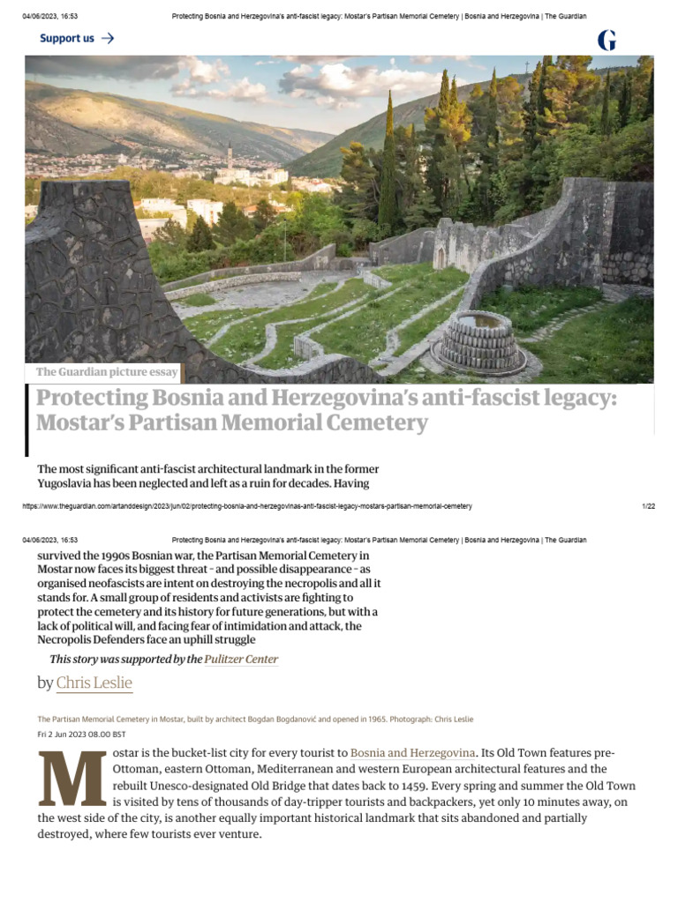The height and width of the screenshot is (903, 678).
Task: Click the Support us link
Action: coord(67,38)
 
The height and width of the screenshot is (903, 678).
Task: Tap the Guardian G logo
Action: coord(606,39)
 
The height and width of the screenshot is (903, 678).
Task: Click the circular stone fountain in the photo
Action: coord(478,343)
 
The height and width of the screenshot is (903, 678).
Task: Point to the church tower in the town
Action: coord(230,156)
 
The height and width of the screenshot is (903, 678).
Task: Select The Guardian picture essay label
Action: coord(107,372)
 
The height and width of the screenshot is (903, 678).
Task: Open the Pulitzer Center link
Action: coord(241,659)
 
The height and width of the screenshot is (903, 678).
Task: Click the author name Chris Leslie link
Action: coord(94,683)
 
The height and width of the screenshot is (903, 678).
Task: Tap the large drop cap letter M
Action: coord(72,780)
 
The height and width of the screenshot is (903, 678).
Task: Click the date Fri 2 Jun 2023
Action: coord(69,734)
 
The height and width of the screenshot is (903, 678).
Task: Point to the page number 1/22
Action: coord(648,506)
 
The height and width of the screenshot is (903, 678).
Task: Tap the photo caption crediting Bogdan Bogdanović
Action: coord(255,719)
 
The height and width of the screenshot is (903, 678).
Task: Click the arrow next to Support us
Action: coord(107,38)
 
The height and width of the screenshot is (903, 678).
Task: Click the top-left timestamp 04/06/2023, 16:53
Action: coord(50,16)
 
